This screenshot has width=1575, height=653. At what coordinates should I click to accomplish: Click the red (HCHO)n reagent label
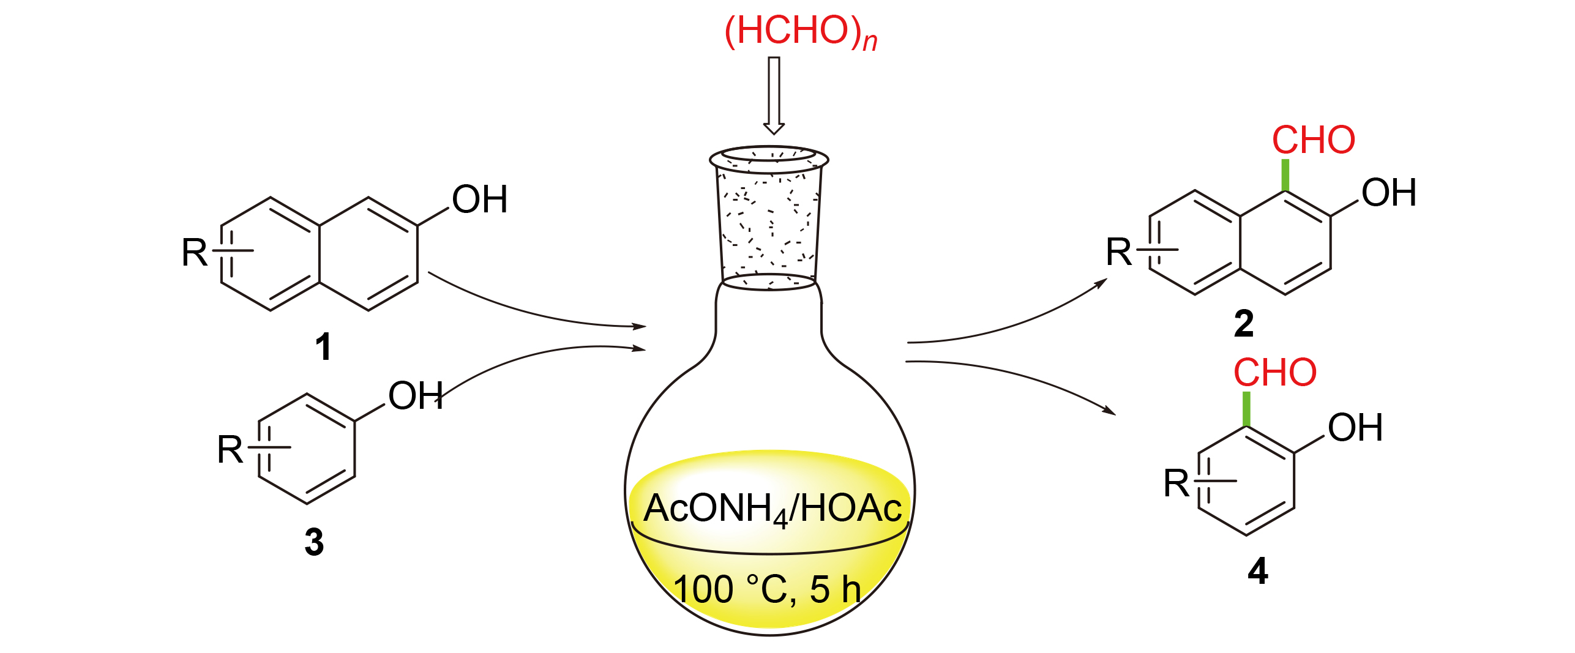point(800,32)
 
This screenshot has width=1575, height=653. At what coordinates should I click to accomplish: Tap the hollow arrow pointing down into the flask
point(774,95)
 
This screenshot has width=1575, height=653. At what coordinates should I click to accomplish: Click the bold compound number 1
point(323,347)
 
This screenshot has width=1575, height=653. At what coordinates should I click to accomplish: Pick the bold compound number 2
point(1243,324)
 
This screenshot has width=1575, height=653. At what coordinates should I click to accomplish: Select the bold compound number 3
point(314,542)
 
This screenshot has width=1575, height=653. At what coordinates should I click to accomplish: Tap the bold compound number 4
point(1257,571)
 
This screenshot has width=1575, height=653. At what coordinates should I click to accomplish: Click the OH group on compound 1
point(480,200)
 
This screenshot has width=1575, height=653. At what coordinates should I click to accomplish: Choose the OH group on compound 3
point(416,396)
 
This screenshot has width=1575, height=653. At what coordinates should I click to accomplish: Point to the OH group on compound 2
point(1388,193)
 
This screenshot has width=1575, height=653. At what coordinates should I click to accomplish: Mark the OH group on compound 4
point(1355,427)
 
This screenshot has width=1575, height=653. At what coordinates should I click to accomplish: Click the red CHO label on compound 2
point(1314,140)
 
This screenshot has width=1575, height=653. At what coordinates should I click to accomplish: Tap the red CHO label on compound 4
point(1275,373)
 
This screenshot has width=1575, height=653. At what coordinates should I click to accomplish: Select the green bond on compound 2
point(1285,175)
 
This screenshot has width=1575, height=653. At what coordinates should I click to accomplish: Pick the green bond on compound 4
point(1246,408)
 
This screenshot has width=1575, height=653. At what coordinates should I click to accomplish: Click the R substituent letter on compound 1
point(195,252)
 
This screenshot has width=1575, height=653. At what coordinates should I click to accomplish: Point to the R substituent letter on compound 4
point(1176,483)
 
